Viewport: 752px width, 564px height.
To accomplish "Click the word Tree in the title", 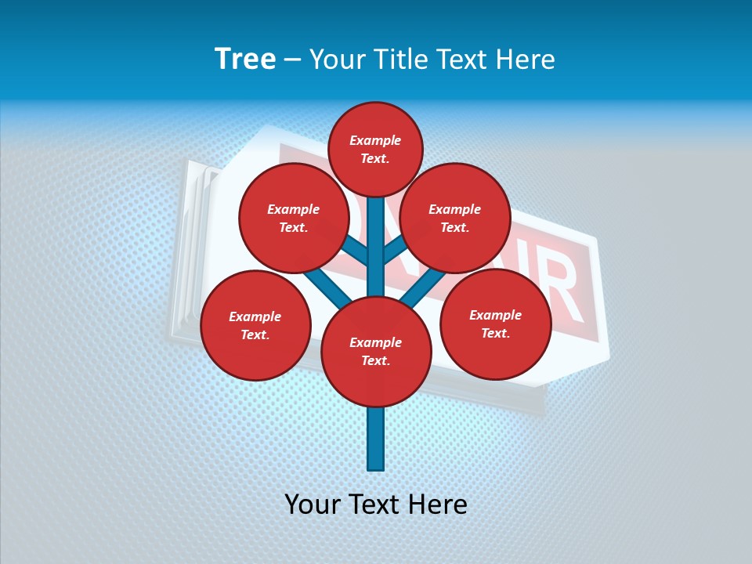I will click(245, 59).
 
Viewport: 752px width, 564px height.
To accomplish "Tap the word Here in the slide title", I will click(526, 59).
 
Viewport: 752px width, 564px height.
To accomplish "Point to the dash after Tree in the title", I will click(292, 60).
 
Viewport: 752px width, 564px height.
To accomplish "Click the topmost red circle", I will click(375, 149).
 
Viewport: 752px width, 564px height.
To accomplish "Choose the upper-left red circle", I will click(294, 218).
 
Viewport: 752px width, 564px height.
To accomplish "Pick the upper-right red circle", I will click(455, 218).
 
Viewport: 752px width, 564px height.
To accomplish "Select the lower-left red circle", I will click(255, 325).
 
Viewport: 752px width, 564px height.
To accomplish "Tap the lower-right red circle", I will click(495, 324).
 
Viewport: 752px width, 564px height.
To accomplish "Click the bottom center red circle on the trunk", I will click(376, 351).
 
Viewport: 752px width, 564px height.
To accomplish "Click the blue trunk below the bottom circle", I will click(376, 439).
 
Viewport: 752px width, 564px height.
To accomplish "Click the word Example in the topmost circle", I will click(375, 140).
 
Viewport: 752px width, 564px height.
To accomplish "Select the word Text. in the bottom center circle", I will click(375, 360).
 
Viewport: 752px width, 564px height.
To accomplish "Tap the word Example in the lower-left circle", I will click(255, 316).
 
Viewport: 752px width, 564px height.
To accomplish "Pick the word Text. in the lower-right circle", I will click(495, 333).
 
